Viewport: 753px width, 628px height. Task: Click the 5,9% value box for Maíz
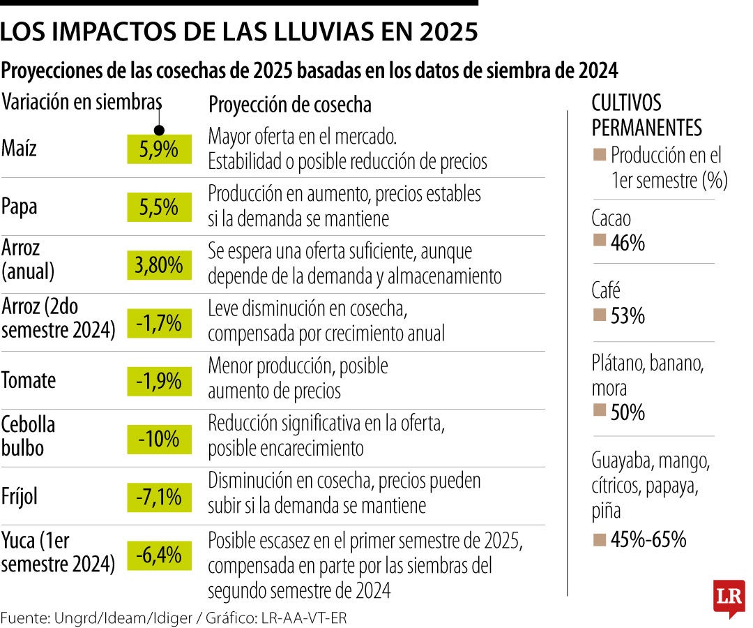click(x=158, y=149)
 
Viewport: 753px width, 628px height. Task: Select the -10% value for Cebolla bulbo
click(x=158, y=439)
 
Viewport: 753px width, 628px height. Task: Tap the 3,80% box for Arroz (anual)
click(x=158, y=264)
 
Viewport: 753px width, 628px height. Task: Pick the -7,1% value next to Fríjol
click(x=158, y=497)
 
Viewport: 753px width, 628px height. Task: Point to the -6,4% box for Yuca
click(x=158, y=555)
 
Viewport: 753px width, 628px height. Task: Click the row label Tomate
click(x=29, y=381)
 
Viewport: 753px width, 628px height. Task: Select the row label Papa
click(x=20, y=207)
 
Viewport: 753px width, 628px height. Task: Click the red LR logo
click(x=729, y=597)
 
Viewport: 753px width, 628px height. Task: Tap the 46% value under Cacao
click(x=627, y=243)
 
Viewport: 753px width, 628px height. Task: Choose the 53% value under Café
click(x=627, y=316)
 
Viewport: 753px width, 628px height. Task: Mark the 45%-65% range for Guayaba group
click(x=648, y=539)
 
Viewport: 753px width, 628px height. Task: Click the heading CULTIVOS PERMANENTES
click(x=646, y=115)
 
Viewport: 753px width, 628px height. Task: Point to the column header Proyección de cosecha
click(x=290, y=105)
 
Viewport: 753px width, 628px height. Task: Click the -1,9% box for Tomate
click(x=158, y=381)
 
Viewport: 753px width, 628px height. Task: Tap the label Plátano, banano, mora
click(x=648, y=375)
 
